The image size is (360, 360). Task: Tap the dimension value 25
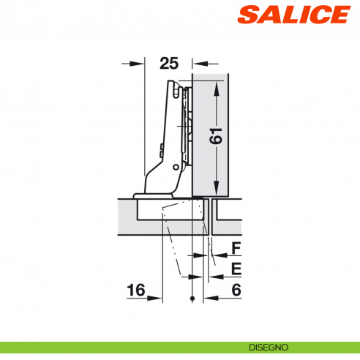pos(168,64)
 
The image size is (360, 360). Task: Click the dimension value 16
pos(135,290)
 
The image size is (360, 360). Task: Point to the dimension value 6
pos(236,290)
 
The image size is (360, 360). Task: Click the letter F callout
pos(236,249)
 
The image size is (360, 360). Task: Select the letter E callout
pos(236,269)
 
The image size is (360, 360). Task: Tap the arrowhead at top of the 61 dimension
pos(217,87)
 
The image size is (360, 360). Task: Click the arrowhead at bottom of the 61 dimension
pos(217,188)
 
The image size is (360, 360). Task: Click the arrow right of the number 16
pos(155,298)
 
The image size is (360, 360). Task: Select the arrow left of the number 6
pos(211,298)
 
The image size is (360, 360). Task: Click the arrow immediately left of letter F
pos(215,256)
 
